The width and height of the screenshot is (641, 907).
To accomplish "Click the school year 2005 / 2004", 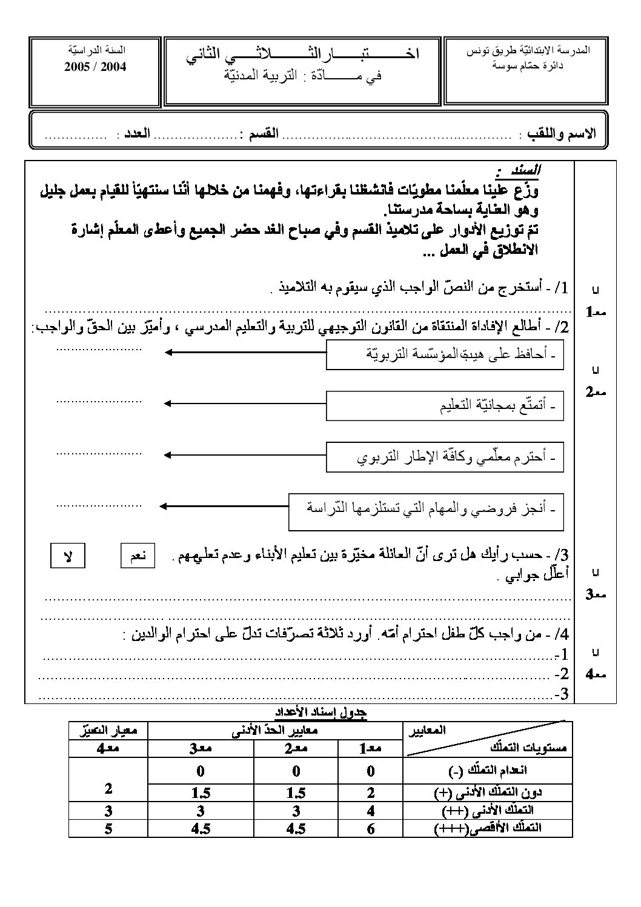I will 95,67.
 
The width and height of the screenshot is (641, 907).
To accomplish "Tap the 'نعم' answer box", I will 138,556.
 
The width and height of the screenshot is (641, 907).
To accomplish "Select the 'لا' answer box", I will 67,556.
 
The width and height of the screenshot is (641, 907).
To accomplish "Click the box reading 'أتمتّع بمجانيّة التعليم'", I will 445,405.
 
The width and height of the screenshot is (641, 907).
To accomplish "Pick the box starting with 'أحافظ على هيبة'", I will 445,354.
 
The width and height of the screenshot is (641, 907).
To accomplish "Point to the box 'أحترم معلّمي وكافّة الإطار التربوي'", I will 445,457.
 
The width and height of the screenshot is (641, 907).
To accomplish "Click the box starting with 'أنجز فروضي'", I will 426,508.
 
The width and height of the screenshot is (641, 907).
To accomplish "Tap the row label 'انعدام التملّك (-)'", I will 488,771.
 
